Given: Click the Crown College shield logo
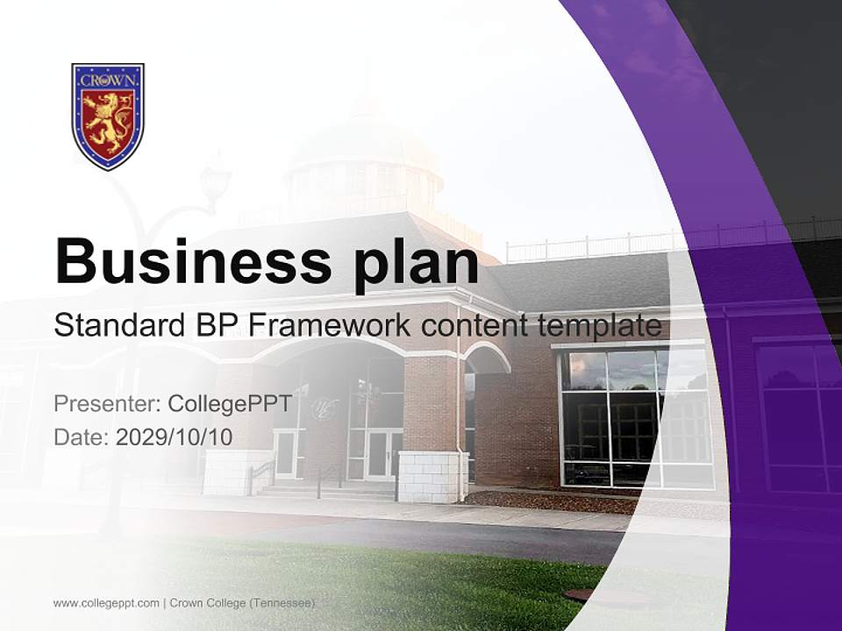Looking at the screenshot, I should pos(108,116).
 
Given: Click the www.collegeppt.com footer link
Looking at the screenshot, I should pos(106,603).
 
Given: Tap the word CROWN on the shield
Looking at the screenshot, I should pos(108,81).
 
